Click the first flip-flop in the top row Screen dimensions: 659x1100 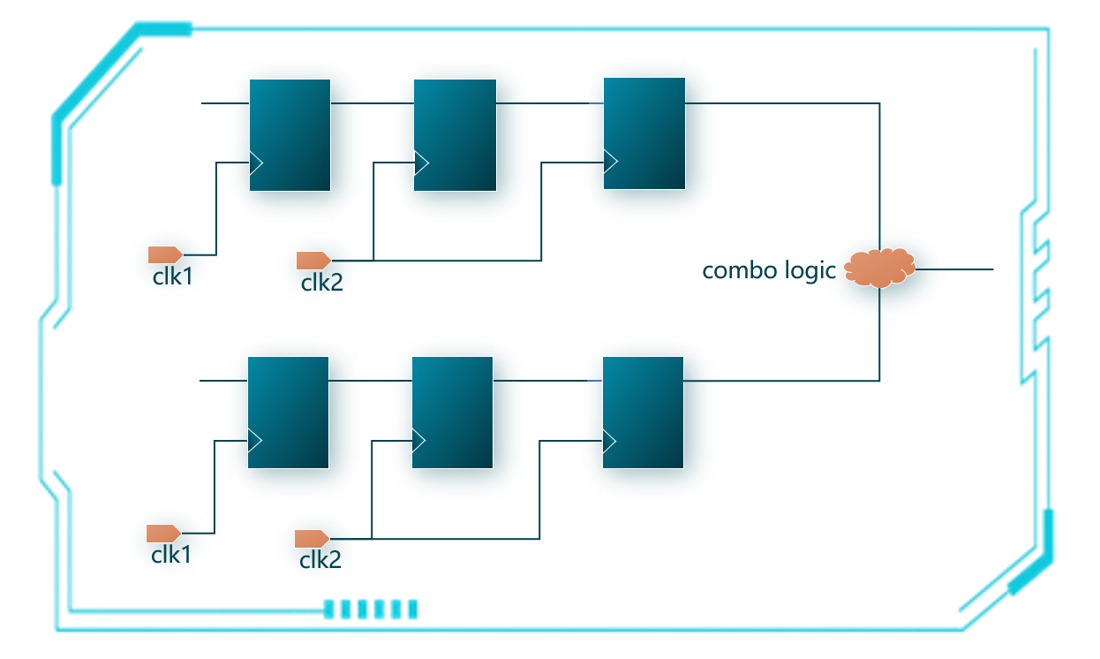pos(290,134)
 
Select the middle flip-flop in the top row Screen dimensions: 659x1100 pos(455,134)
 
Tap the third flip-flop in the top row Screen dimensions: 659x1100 pos(644,133)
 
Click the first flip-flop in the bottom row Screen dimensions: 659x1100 pos(288,412)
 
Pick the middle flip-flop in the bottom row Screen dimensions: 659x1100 pos(452,412)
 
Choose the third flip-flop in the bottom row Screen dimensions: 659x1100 pos(643,412)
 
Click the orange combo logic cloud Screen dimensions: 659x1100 pos(879,268)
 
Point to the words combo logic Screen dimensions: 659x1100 pos(768,270)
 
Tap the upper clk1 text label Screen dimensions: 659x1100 pos(172,276)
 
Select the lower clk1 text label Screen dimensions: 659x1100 pos(170,555)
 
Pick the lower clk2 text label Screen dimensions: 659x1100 pos(320,560)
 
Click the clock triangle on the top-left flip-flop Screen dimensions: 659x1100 pos(256,163)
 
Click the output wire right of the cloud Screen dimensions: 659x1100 pos(953,269)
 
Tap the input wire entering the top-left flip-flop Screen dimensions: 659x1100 pos(225,103)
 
